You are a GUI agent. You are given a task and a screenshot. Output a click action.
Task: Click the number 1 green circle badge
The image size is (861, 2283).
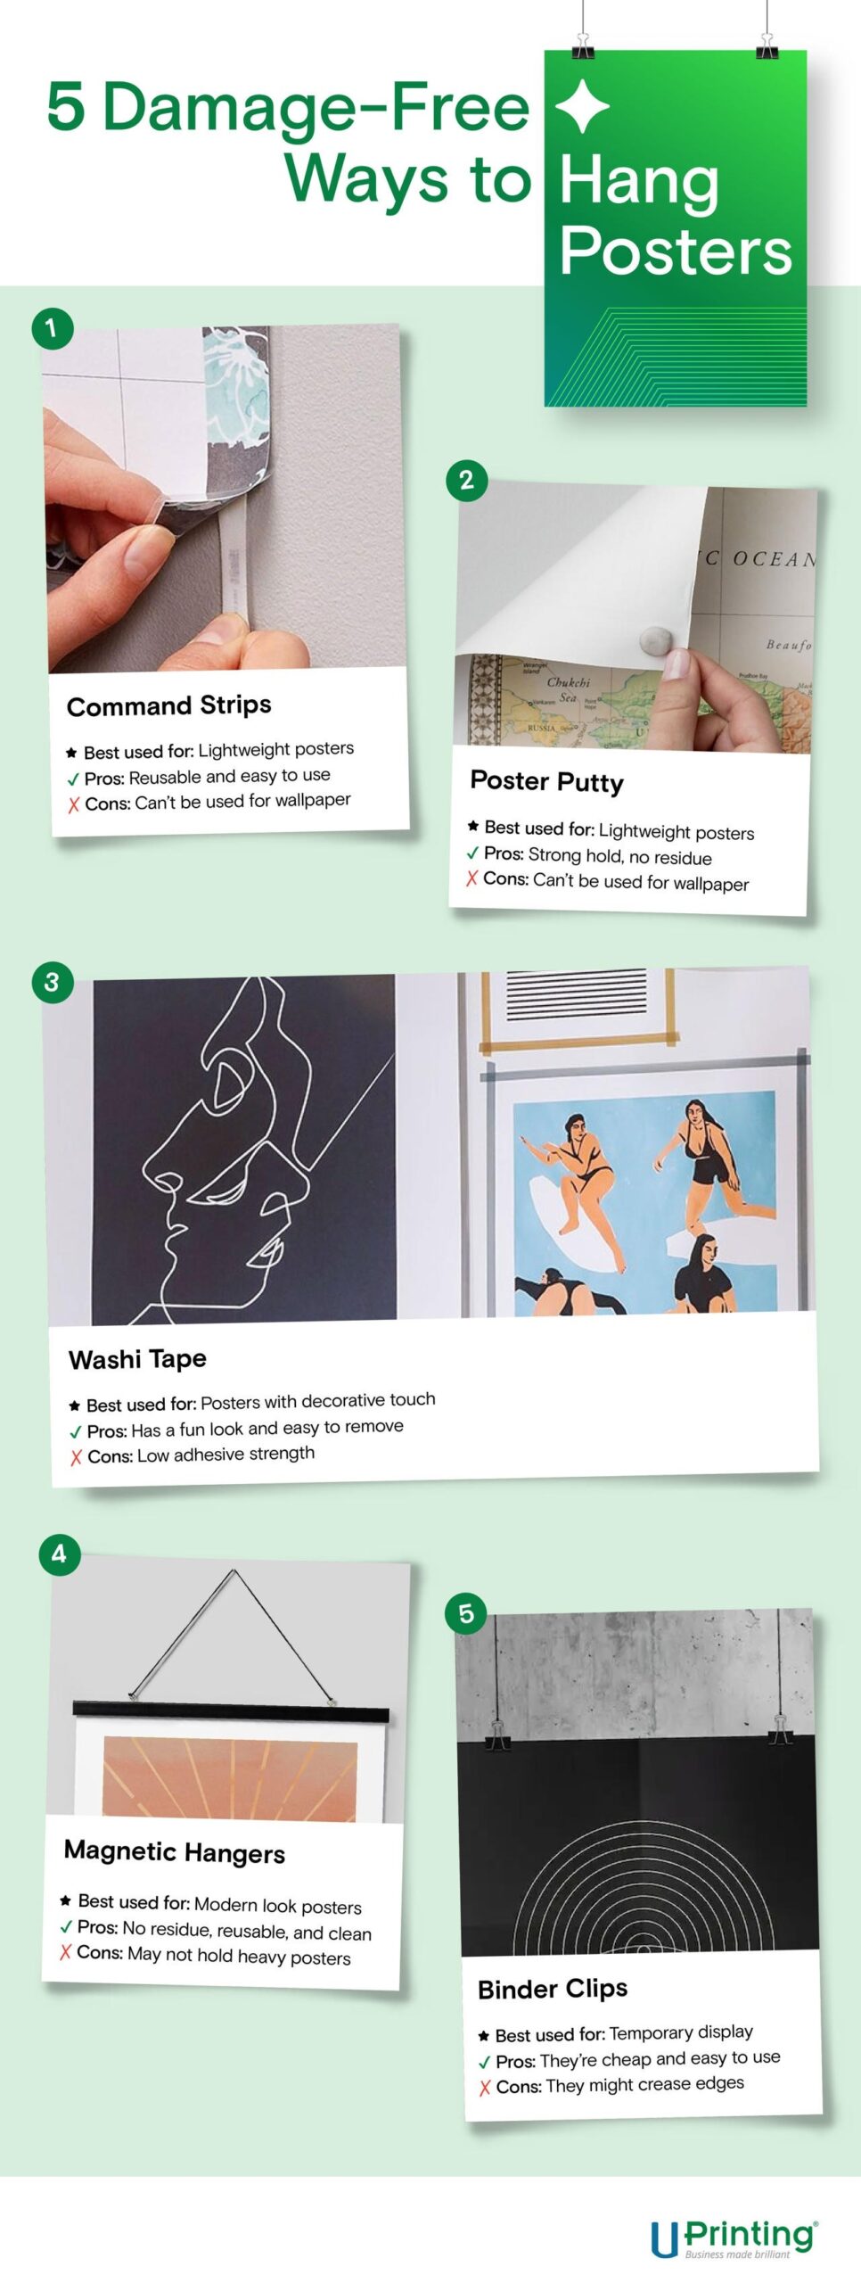coord(52,328)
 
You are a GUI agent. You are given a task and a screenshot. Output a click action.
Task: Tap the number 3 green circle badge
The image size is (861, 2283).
coord(52,982)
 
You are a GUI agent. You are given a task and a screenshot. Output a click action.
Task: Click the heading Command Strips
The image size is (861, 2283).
coord(169,705)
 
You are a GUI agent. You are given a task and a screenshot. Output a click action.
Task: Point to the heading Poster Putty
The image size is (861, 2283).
coord(546,781)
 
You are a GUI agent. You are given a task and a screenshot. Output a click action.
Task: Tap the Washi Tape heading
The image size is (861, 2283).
coord(137,1358)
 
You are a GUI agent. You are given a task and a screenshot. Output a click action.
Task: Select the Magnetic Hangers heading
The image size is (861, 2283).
coord(175,1851)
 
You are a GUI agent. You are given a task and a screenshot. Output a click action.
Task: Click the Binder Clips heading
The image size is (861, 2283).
coord(553,1988)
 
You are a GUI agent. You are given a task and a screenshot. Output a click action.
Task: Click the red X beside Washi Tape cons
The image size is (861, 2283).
coord(77,1457)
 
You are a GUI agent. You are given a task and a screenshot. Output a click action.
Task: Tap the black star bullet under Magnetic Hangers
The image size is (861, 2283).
coord(65,1900)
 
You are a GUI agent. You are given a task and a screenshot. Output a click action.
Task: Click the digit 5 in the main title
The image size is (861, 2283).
coord(66,107)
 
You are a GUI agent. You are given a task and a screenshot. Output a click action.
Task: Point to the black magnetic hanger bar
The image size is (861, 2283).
coord(231,1710)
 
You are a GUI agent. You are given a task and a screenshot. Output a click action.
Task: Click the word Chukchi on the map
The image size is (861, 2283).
coord(568,682)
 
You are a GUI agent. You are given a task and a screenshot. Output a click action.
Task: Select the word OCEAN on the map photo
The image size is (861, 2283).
coord(772,559)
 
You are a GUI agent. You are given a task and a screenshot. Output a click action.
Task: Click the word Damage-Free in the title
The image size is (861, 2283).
coord(316,107)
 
